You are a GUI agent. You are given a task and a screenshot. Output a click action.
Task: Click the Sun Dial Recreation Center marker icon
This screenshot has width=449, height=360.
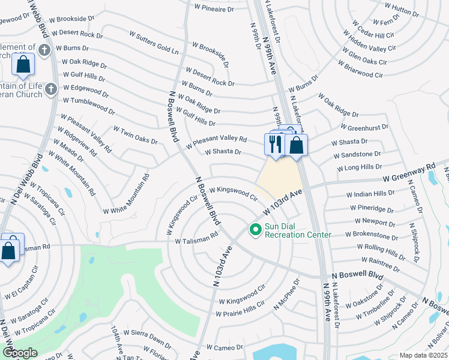pos(256,229)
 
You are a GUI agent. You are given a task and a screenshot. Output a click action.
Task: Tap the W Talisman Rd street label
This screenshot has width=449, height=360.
pos(196,238)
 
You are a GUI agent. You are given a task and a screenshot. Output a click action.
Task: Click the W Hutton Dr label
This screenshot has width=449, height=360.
pos(402,8)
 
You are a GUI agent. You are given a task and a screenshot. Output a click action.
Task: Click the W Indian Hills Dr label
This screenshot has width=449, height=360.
pos(370,194)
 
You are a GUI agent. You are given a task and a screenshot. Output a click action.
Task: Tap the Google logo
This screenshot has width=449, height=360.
pos(20,352)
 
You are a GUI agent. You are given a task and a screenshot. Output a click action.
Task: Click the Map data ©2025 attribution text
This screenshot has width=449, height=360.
pos(423,355)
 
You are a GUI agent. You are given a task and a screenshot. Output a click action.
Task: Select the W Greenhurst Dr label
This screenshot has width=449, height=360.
pos(364,127)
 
